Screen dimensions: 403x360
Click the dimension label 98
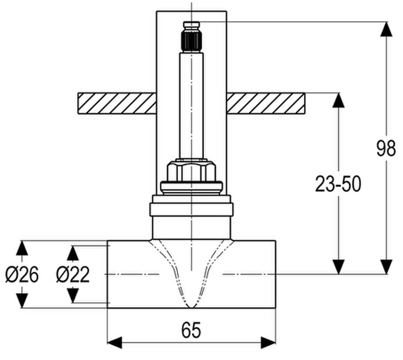click(x=386, y=148)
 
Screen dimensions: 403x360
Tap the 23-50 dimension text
click(x=338, y=184)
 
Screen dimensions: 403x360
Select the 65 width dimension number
click(x=191, y=330)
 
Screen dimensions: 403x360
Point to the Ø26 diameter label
click(x=22, y=274)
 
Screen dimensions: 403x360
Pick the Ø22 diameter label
click(x=73, y=274)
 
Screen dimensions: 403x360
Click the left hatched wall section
click(x=117, y=103)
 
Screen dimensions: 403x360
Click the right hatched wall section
click(x=266, y=103)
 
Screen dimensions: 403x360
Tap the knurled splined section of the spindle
click(x=191, y=40)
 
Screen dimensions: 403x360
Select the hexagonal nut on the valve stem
click(x=191, y=171)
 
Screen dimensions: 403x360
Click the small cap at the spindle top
click(x=191, y=25)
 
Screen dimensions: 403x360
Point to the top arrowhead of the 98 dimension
click(x=386, y=29)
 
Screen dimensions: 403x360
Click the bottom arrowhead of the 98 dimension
click(x=386, y=267)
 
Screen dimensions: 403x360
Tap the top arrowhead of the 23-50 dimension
click(x=338, y=100)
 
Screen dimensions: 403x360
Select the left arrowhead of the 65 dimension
click(x=114, y=343)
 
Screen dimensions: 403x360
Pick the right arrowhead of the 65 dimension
click(x=268, y=343)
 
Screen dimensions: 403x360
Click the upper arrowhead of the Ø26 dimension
click(x=22, y=248)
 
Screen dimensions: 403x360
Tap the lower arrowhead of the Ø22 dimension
click(x=73, y=296)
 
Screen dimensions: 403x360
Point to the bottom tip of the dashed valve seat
click(x=191, y=307)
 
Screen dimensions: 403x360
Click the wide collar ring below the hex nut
click(x=191, y=209)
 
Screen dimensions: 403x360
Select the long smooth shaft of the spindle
click(x=191, y=105)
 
